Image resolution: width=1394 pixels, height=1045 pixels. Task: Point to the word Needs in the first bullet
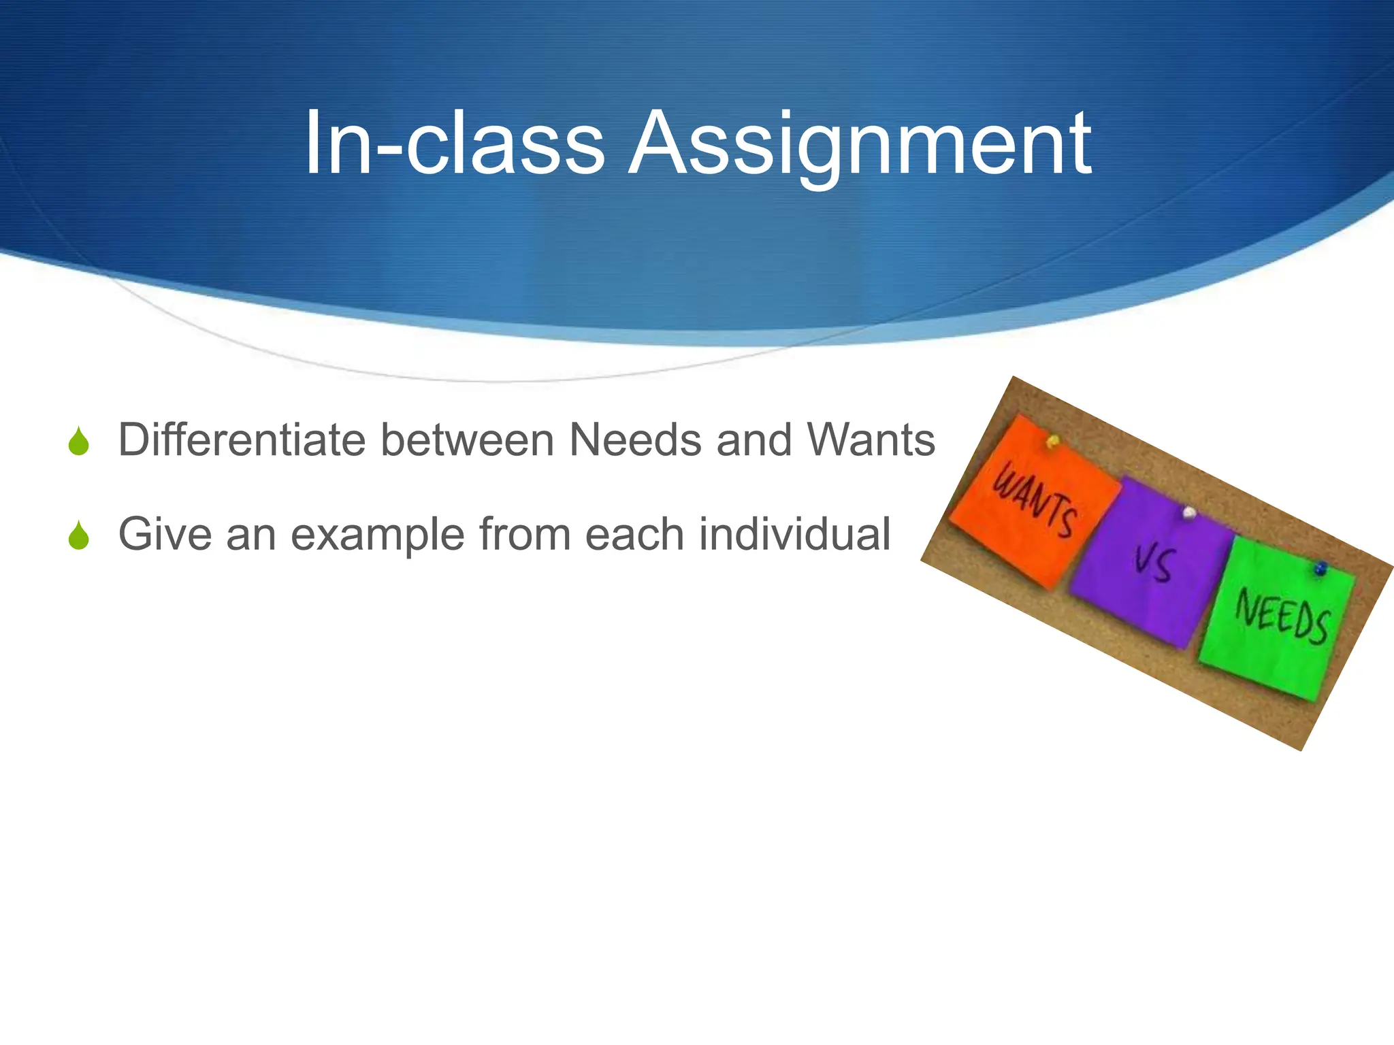pyautogui.click(x=635, y=440)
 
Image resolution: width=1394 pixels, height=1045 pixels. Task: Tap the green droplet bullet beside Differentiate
pyautogui.click(x=79, y=442)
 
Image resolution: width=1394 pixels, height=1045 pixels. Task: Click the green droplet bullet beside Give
pyautogui.click(x=79, y=535)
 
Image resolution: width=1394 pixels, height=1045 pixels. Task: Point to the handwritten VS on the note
pyautogui.click(x=1153, y=565)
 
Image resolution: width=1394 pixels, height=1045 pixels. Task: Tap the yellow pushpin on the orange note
pyautogui.click(x=1052, y=442)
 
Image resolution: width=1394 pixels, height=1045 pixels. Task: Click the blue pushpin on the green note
pyautogui.click(x=1320, y=567)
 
